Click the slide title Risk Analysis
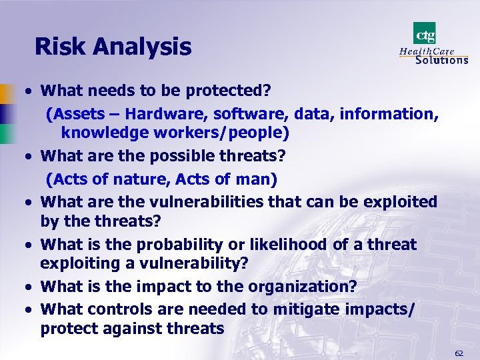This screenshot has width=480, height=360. (113, 47)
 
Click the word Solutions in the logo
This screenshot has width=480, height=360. (441, 59)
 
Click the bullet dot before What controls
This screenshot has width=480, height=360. (31, 309)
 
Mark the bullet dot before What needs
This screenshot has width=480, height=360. (31, 90)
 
